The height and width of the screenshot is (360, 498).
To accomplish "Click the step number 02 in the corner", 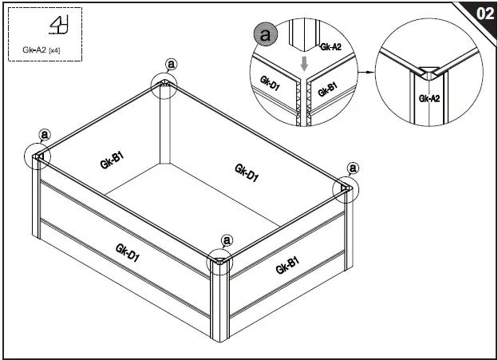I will pyautogui.click(x=484, y=14).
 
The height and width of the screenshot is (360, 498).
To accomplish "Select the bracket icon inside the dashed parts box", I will pyautogui.click(x=59, y=26).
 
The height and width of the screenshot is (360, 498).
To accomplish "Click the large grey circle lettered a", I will pyautogui.click(x=266, y=35).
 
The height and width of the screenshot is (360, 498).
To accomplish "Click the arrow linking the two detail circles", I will pyautogui.click(x=366, y=72).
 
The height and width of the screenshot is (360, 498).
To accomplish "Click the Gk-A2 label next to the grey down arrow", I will pyautogui.click(x=330, y=47).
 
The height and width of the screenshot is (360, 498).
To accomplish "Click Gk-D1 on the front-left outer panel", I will pyautogui.click(x=127, y=254).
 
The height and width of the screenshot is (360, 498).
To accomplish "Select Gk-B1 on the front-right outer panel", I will pyautogui.click(x=287, y=265).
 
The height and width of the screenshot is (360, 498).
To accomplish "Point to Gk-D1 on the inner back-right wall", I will pyautogui.click(x=246, y=172).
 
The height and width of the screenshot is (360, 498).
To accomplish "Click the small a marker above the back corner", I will pyautogui.click(x=170, y=64).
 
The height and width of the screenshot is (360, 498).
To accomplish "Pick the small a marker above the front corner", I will pyautogui.click(x=227, y=239).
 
